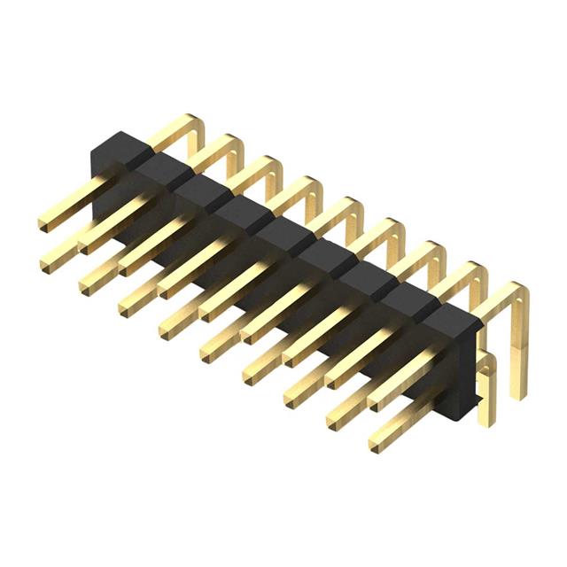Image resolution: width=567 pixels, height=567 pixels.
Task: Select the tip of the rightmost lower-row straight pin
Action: [377, 440]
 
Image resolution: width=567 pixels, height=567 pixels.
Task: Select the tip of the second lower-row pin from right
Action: [337, 419]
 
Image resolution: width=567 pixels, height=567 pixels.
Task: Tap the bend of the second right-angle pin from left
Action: [232, 143]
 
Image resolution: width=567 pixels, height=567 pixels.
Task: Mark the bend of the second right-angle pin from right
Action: [477, 271]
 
